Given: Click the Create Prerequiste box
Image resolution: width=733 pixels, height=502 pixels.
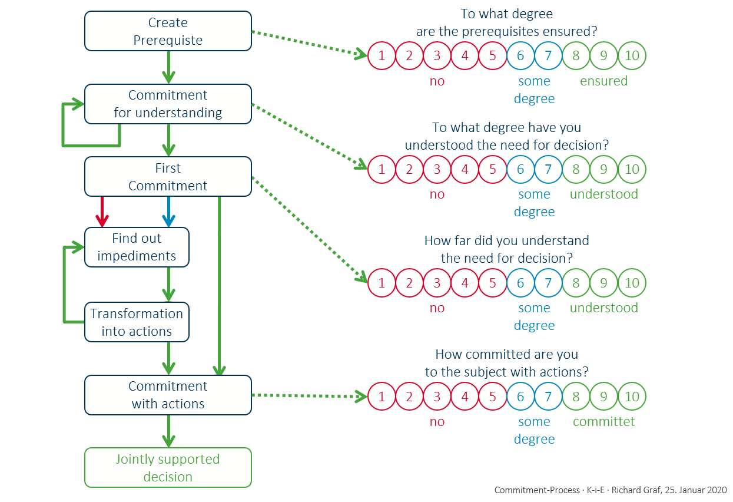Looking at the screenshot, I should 168,32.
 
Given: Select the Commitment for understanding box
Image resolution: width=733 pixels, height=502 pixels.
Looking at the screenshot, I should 168,104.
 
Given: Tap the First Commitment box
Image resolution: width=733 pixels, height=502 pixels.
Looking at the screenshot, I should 168,177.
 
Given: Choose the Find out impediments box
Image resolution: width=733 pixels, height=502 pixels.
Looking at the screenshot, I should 137,247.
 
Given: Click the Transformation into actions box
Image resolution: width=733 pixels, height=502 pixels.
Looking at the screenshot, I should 137,322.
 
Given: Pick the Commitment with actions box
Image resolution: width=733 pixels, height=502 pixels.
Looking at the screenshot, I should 168,395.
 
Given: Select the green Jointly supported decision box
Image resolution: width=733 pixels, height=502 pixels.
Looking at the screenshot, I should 168,468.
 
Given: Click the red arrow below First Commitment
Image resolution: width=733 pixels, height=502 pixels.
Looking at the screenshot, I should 102,212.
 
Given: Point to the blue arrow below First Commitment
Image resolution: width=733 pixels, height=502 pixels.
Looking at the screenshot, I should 168,212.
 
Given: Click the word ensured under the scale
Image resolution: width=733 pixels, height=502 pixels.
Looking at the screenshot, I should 603,81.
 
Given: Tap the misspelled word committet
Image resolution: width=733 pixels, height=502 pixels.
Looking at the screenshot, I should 603,422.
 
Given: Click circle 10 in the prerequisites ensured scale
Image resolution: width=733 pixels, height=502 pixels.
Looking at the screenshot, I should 632,56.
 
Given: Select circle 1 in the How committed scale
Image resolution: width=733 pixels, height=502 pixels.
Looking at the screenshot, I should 382,397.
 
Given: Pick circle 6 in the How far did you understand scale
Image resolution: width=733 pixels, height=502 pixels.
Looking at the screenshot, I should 520,283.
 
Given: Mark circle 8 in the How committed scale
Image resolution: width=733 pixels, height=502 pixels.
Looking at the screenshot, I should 576,397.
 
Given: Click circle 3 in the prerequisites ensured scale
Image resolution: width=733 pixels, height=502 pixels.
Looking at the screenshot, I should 437,56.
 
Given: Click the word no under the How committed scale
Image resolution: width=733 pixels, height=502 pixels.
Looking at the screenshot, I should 437,422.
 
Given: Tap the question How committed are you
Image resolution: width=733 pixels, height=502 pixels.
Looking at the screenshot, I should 506,363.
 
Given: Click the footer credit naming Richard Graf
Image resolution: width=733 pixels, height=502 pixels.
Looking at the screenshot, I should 610,490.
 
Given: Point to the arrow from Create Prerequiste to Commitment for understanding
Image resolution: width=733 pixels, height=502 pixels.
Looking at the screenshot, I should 168,67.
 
